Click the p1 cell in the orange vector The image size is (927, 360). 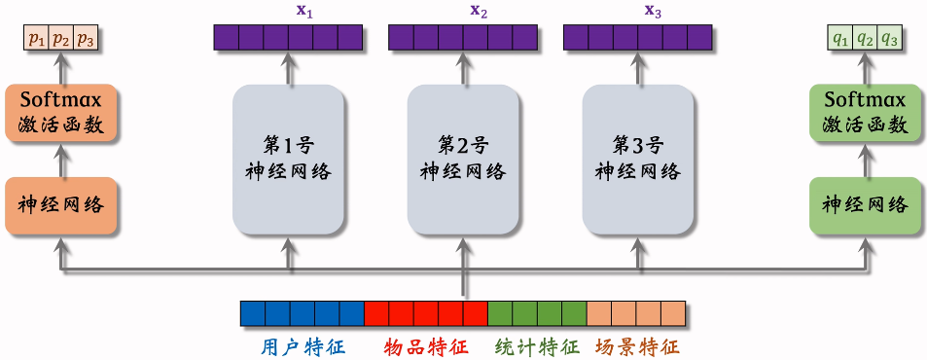pyautogui.click(x=36, y=40)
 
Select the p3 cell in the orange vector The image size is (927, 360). pyautogui.click(x=87, y=40)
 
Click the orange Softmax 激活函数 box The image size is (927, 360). pyautogui.click(x=61, y=112)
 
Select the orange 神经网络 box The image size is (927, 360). pyautogui.click(x=61, y=206)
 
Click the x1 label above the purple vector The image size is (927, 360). pyautogui.click(x=289, y=11)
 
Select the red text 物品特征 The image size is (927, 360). pyautogui.click(x=426, y=346)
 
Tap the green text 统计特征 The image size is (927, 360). pyautogui.click(x=537, y=346)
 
